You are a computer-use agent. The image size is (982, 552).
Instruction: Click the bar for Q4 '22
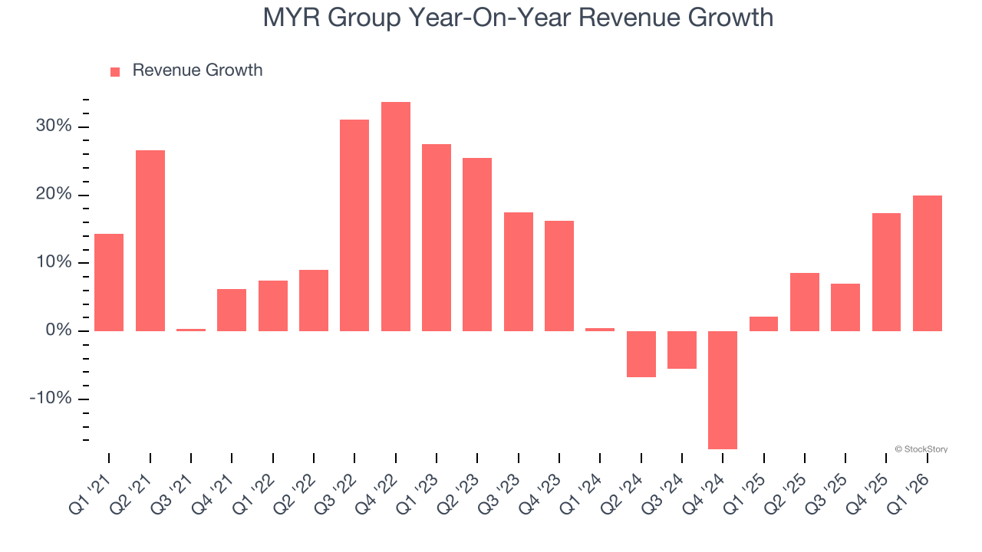(396, 216)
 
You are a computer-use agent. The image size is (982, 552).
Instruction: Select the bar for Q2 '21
(150, 241)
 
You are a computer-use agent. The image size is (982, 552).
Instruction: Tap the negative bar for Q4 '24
(723, 389)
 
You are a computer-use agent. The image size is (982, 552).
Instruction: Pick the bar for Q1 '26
(928, 263)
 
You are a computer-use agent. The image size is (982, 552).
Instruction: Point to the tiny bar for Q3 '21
(191, 330)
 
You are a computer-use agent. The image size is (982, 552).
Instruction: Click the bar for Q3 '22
(354, 225)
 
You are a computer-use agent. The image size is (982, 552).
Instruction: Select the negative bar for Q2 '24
(641, 354)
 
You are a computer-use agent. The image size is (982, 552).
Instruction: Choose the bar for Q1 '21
(109, 282)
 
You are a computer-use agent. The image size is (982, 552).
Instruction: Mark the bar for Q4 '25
(886, 272)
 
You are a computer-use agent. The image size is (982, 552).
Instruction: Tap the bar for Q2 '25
(805, 302)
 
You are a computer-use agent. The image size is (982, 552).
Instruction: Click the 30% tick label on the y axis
(54, 127)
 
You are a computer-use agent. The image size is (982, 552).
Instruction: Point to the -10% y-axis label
(51, 399)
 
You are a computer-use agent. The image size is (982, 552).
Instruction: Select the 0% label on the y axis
(58, 330)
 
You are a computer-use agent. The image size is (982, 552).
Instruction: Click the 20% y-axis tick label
(54, 195)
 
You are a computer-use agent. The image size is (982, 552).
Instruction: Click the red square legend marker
(115, 71)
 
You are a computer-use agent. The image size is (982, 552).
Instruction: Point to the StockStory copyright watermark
(921, 449)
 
